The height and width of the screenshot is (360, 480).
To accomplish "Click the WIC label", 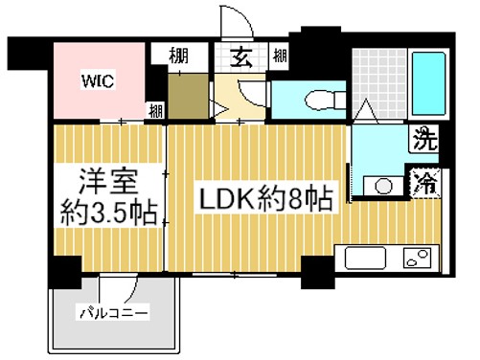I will tap(97, 80).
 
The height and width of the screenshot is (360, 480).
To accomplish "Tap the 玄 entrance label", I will tap(240, 56).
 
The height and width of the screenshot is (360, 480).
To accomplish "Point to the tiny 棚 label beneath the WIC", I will tap(155, 110).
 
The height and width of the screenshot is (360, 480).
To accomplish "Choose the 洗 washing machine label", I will tap(423, 141).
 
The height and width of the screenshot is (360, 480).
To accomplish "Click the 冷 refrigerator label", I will tap(423, 179).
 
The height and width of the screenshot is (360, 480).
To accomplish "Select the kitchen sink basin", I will tap(363, 259).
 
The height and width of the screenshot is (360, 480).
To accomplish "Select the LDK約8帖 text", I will tap(265, 199).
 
